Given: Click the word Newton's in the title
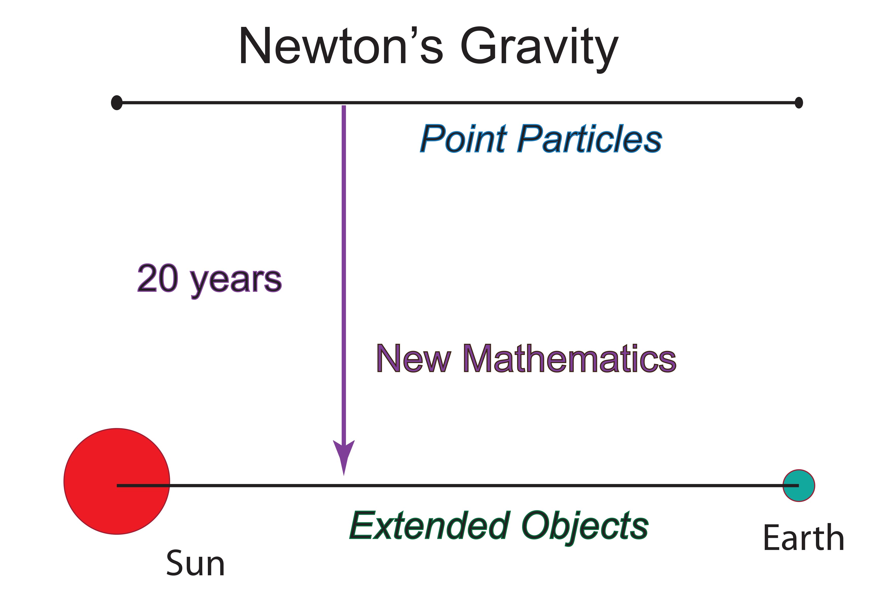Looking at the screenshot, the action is tap(341, 46).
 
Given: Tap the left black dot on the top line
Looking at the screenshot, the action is tap(117, 102).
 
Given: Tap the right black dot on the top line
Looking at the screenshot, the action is tap(799, 102).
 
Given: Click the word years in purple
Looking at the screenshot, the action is tap(236, 282).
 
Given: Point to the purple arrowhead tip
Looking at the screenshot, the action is tap(344, 475).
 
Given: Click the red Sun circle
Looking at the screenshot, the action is tap(117, 481).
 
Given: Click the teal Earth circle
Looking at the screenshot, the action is tap(799, 485).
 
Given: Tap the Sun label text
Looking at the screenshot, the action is tap(195, 563).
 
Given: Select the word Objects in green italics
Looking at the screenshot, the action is tap(585, 528).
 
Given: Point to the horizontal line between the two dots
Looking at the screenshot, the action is tap(458, 102).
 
